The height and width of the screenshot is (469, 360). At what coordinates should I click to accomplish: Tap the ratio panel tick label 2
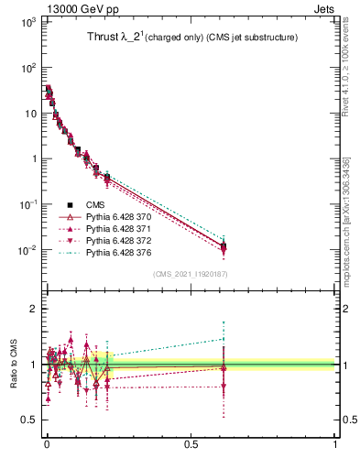coord(31,309)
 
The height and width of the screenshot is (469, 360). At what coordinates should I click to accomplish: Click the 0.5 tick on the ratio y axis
coord(27,420)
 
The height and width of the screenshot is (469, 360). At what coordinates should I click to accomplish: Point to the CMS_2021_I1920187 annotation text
coord(190,274)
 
